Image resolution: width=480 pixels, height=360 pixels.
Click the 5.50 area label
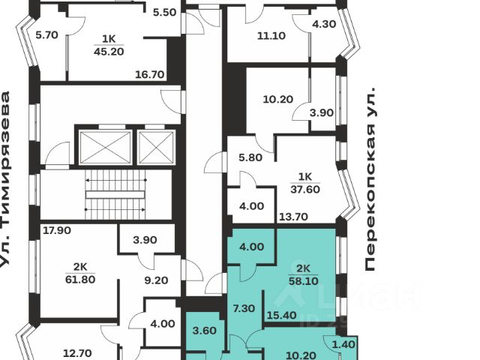(164, 13)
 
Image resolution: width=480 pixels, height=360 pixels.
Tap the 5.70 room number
(46, 34)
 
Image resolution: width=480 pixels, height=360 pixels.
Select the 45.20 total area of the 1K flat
(107, 52)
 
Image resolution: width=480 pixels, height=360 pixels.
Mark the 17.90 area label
(57, 231)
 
